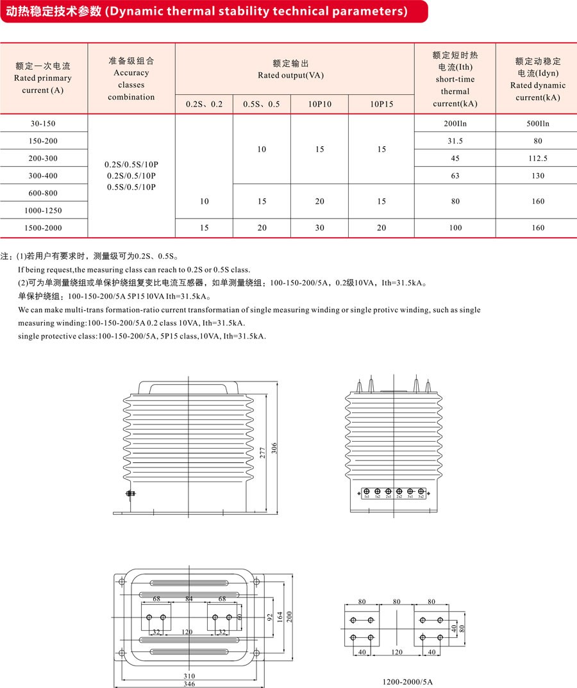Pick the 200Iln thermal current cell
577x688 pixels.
tap(455, 123)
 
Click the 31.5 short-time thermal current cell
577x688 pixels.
tap(455, 141)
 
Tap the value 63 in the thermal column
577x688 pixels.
tap(455, 176)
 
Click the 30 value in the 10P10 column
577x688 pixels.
tap(319, 228)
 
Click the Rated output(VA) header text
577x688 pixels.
tap(290, 75)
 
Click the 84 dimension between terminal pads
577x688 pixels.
tap(188, 599)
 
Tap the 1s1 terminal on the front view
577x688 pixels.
tap(366, 496)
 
